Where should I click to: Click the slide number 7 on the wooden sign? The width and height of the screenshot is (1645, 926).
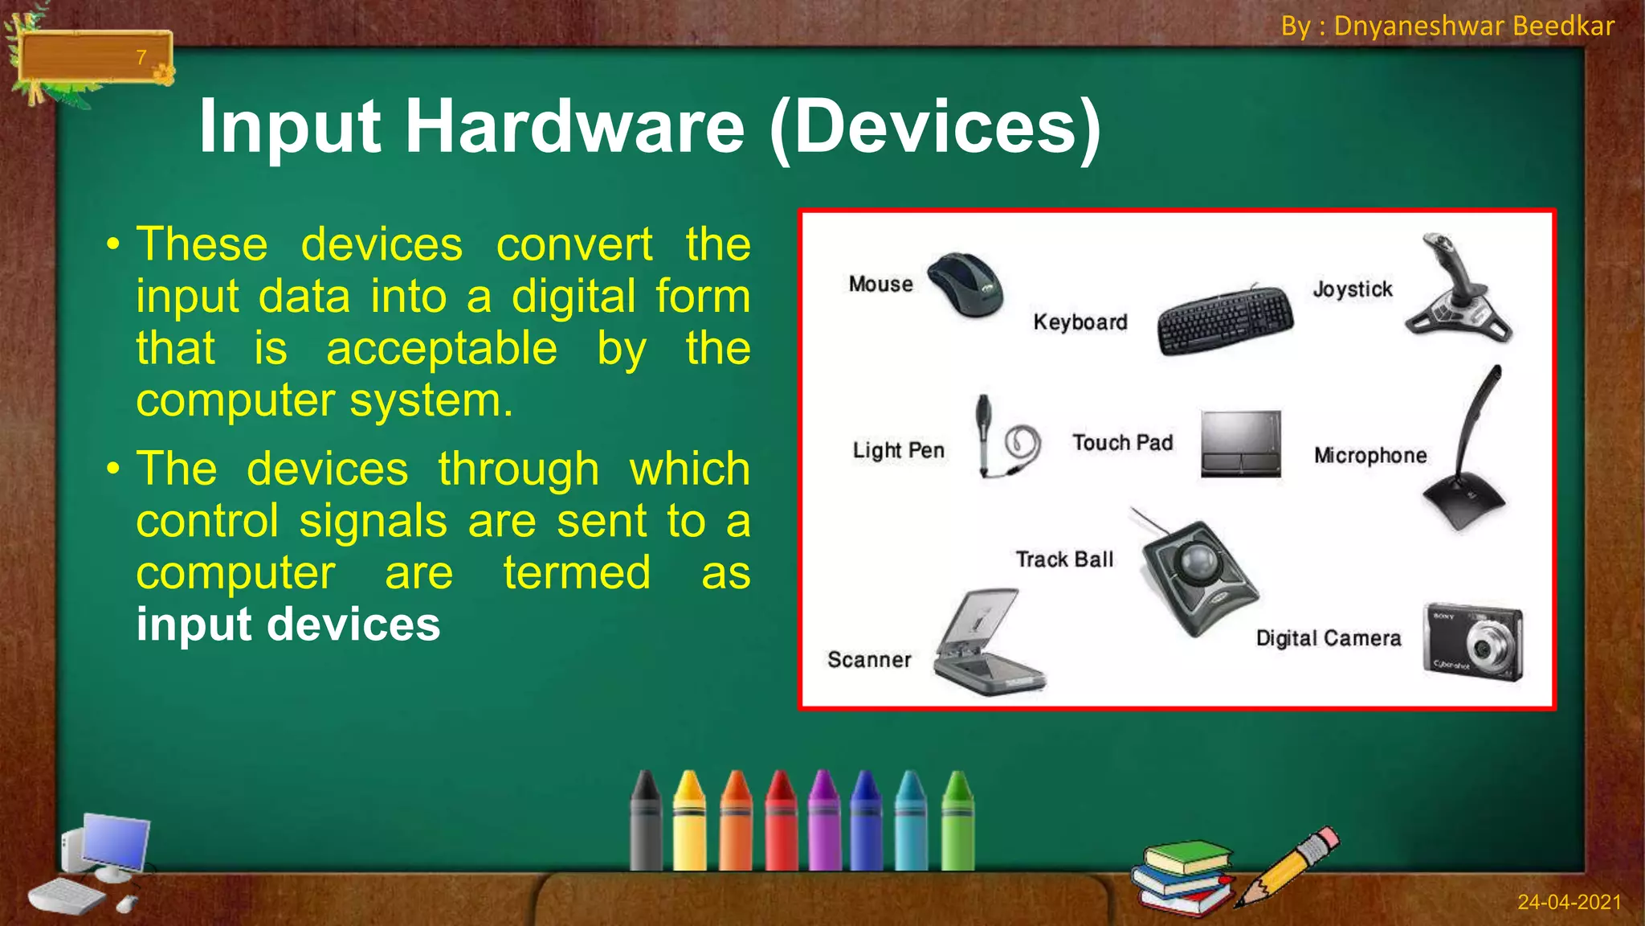pos(141,57)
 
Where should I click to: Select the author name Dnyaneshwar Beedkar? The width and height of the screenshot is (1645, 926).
pos(1474,26)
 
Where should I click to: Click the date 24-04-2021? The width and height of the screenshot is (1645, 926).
pos(1569,902)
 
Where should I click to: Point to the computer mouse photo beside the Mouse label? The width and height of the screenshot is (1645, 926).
pos(966,284)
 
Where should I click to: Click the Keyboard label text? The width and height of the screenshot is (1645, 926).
pos(1080,322)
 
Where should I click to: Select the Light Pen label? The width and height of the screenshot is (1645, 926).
pos(898,450)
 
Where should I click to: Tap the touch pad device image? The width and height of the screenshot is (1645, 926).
pos(1240,444)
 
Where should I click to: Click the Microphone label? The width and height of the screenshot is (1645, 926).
pos(1370,456)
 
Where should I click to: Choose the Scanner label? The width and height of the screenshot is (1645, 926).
pos(869,660)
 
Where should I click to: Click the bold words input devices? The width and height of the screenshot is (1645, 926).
pos(288,625)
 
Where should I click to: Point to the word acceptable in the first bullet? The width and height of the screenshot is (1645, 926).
pos(441,349)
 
